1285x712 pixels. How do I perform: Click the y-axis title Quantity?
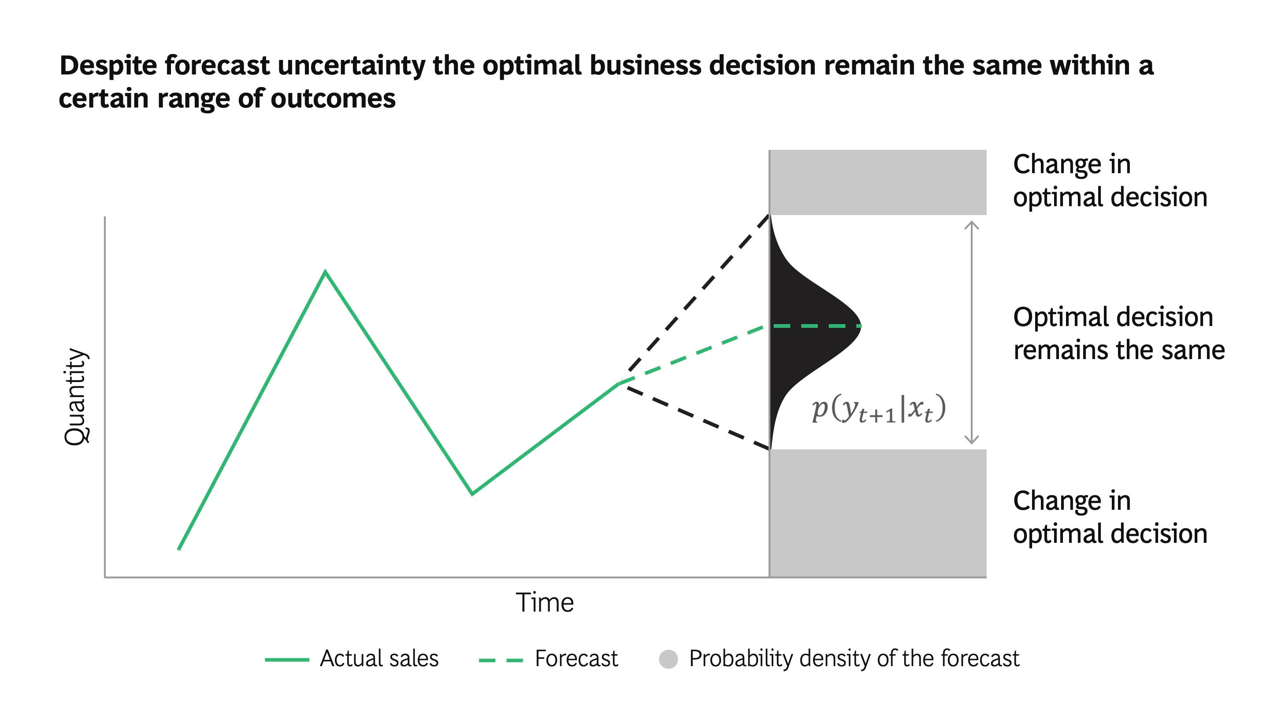coord(76,397)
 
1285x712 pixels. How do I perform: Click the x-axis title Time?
coord(545,602)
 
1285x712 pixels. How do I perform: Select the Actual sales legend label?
coord(379,658)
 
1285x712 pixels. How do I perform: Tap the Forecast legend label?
coord(576,658)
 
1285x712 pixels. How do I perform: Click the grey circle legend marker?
coord(668,659)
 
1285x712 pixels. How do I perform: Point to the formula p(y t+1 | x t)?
coord(878,409)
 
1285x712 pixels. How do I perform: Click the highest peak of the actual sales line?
coord(325,272)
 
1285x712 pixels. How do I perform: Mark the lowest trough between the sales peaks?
coord(472,493)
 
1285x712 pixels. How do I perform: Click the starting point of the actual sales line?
coord(179,549)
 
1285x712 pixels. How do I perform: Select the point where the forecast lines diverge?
coord(620,382)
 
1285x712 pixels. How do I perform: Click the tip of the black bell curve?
coord(861,326)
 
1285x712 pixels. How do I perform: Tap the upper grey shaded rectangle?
coord(878,182)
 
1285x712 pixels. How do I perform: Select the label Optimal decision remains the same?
coord(1119,333)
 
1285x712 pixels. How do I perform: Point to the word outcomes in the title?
coord(333,98)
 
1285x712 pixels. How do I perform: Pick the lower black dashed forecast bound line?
coord(696,416)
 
